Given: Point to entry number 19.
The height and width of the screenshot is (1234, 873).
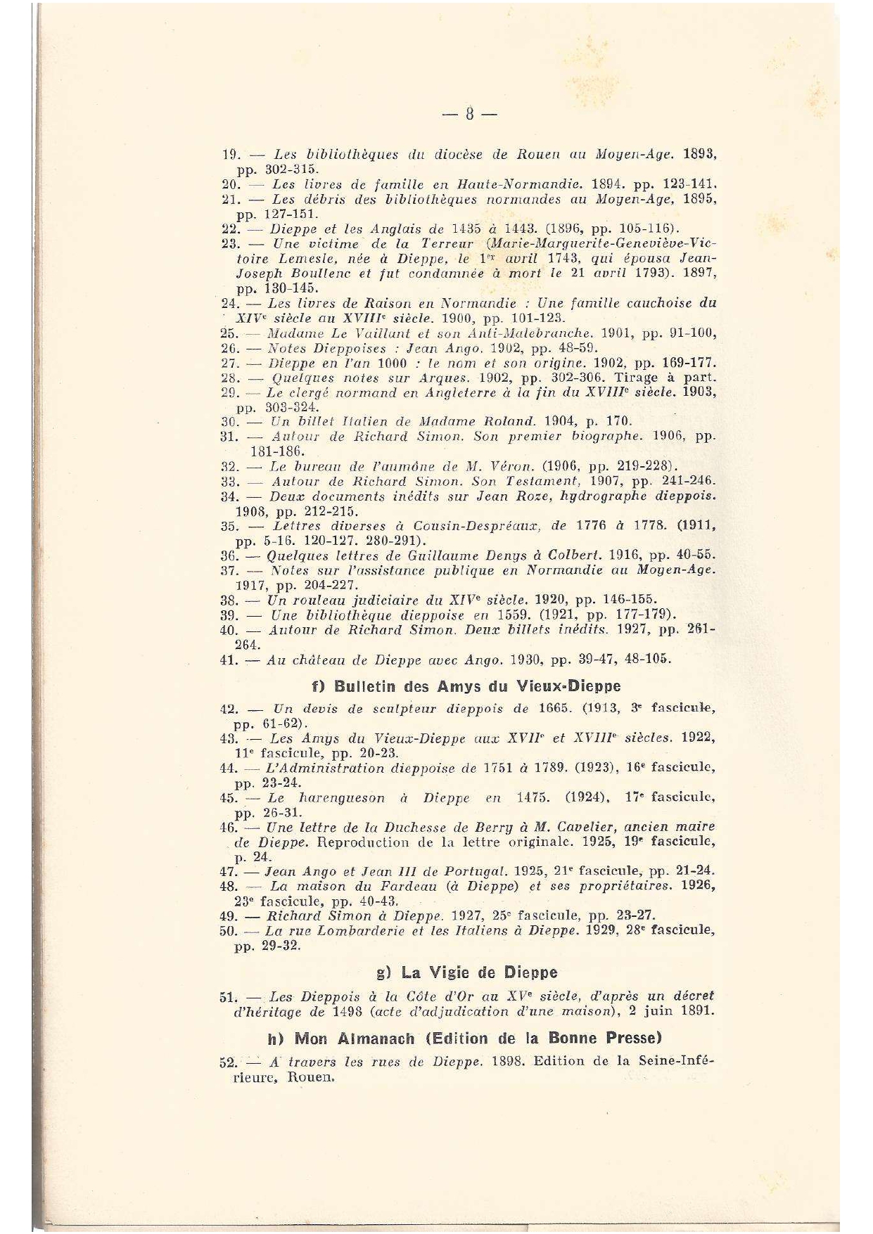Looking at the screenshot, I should pyautogui.click(x=231, y=154).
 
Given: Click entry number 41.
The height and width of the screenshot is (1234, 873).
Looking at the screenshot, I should pyautogui.click(x=230, y=660).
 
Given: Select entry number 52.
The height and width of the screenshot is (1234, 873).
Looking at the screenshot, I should pyautogui.click(x=231, y=1062).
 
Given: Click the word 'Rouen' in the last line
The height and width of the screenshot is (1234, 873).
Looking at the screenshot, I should pyautogui.click(x=309, y=1078).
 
